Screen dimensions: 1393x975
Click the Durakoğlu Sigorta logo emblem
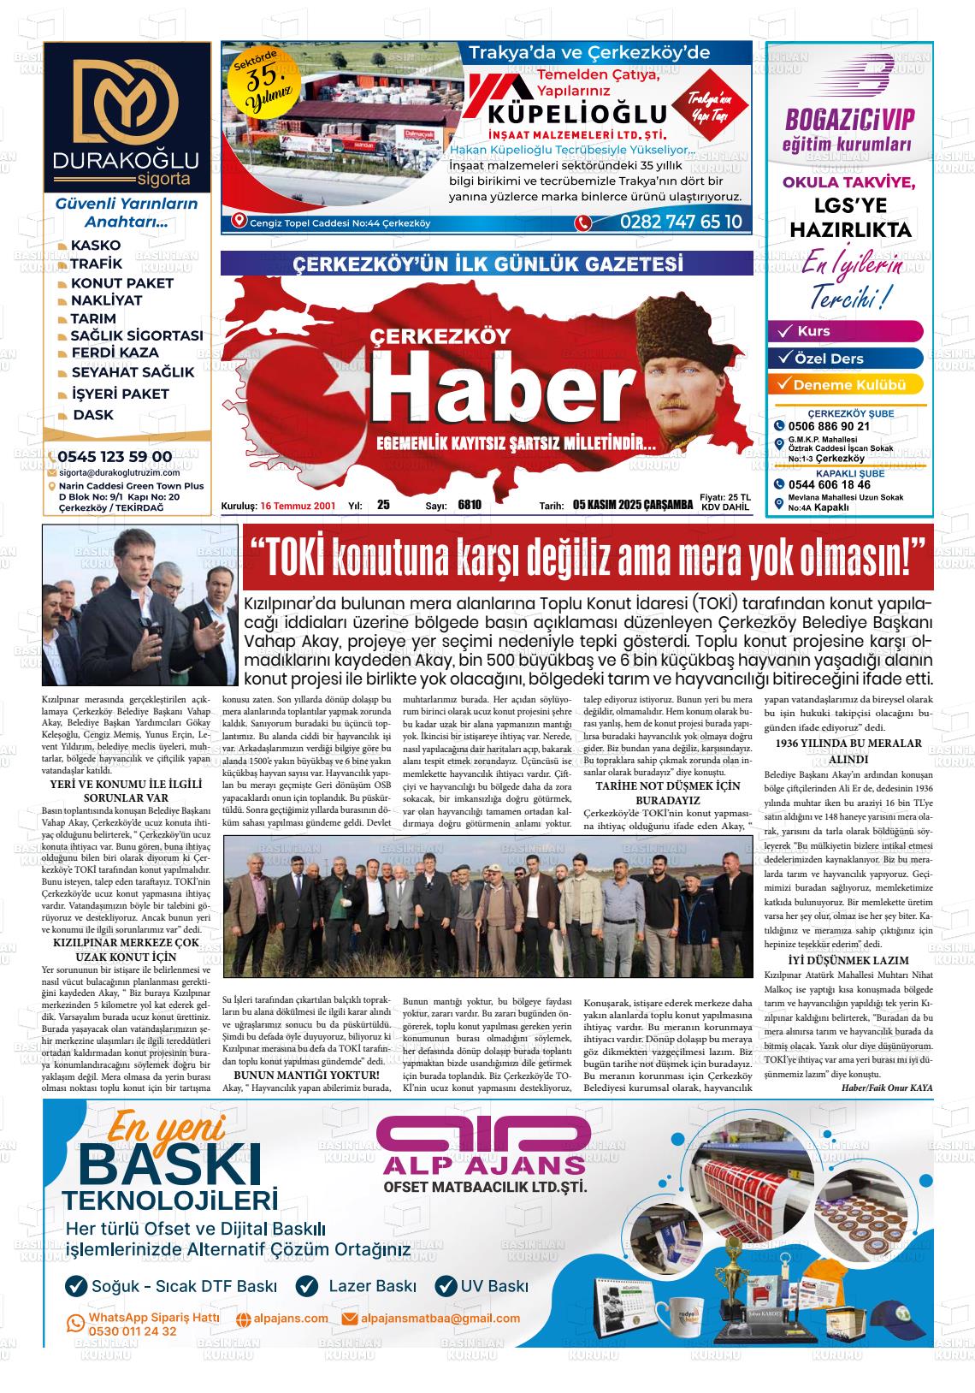(x=126, y=100)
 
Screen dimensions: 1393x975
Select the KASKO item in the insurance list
(x=95, y=246)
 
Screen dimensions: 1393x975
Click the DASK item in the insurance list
(x=92, y=415)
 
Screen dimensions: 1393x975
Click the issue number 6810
(x=470, y=505)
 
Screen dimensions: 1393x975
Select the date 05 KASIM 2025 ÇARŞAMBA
(x=632, y=505)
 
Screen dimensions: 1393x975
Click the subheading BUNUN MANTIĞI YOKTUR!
(x=306, y=1075)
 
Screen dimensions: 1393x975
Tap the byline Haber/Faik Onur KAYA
(x=887, y=1087)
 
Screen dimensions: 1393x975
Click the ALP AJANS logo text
(x=484, y=1166)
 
